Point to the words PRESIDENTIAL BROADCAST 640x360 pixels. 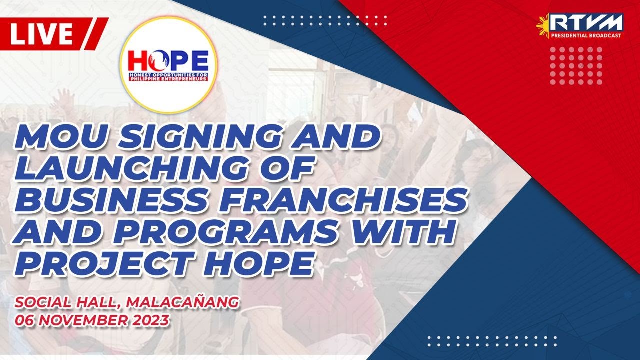click(x=586, y=36)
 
